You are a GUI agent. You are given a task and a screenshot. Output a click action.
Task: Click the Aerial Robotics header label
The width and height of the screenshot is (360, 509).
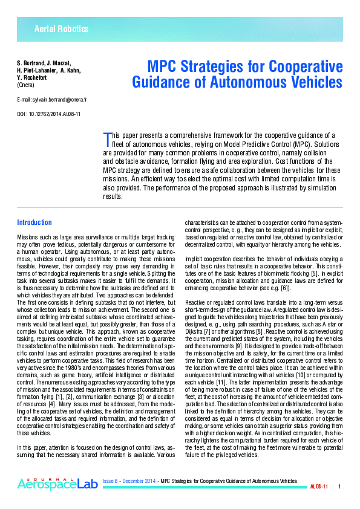(61, 29)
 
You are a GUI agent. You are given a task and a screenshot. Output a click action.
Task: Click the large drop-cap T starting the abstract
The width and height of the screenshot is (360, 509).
(108, 140)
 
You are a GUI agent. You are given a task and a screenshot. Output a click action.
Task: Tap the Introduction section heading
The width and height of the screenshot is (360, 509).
(34, 222)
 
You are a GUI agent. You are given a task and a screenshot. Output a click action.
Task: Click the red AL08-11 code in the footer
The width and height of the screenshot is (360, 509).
(319, 487)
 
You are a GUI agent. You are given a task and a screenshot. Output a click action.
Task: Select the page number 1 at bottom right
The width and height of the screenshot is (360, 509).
(339, 487)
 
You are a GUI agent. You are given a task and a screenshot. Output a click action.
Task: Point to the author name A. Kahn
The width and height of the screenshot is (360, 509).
(71, 71)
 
